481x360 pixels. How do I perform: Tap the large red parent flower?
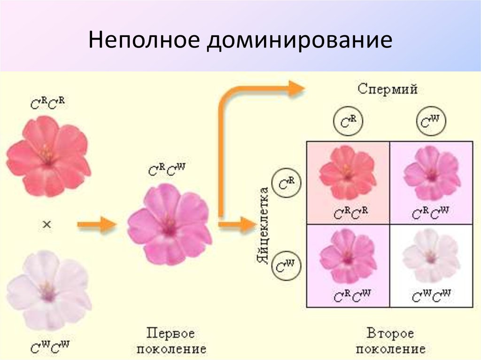click(48, 156)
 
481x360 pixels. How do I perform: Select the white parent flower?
click(48, 291)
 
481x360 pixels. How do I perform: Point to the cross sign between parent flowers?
click(47, 225)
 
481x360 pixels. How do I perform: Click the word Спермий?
click(388, 89)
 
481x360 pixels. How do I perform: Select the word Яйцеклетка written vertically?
click(264, 225)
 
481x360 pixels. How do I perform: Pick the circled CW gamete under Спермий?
click(431, 123)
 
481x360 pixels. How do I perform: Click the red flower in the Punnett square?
click(348, 172)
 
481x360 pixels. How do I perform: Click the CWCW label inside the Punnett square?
click(431, 296)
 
